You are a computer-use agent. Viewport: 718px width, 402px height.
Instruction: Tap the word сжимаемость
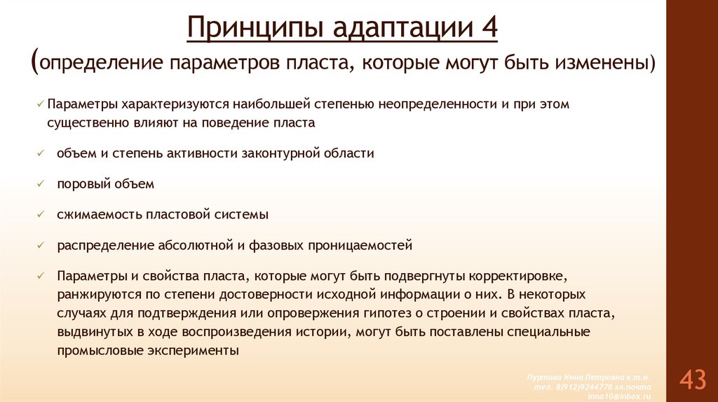point(99,214)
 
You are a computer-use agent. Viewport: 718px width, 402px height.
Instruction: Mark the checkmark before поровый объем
point(41,183)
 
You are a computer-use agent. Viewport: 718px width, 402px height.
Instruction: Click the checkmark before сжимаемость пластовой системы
point(41,214)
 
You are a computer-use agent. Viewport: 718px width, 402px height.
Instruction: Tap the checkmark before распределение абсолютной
point(41,245)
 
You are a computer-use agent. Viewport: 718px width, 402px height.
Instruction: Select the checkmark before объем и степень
point(41,153)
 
